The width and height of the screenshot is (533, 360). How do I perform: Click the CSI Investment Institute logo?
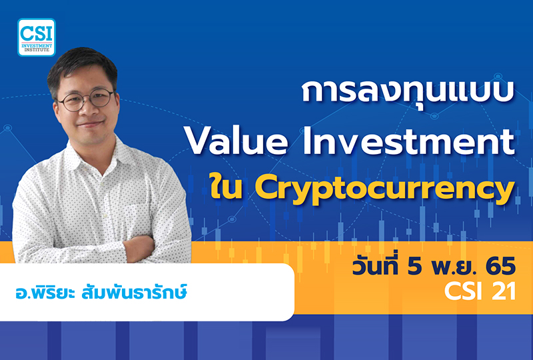(x=36, y=37)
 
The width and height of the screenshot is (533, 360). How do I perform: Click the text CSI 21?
(x=477, y=292)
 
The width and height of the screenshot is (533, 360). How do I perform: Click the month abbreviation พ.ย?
(x=454, y=267)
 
